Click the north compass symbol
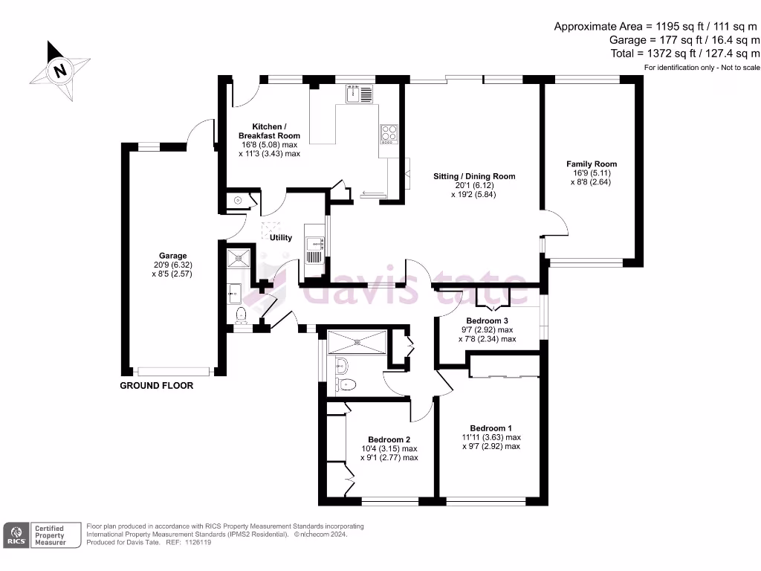[59, 71]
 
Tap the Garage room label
[172, 256]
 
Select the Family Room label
[592, 164]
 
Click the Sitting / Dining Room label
[474, 176]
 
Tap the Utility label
[281, 238]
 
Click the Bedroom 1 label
[490, 428]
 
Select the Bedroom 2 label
[389, 439]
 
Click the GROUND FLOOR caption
[157, 386]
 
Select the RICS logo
[16, 535]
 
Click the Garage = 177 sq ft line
[684, 40]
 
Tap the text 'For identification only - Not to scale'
[702, 68]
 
